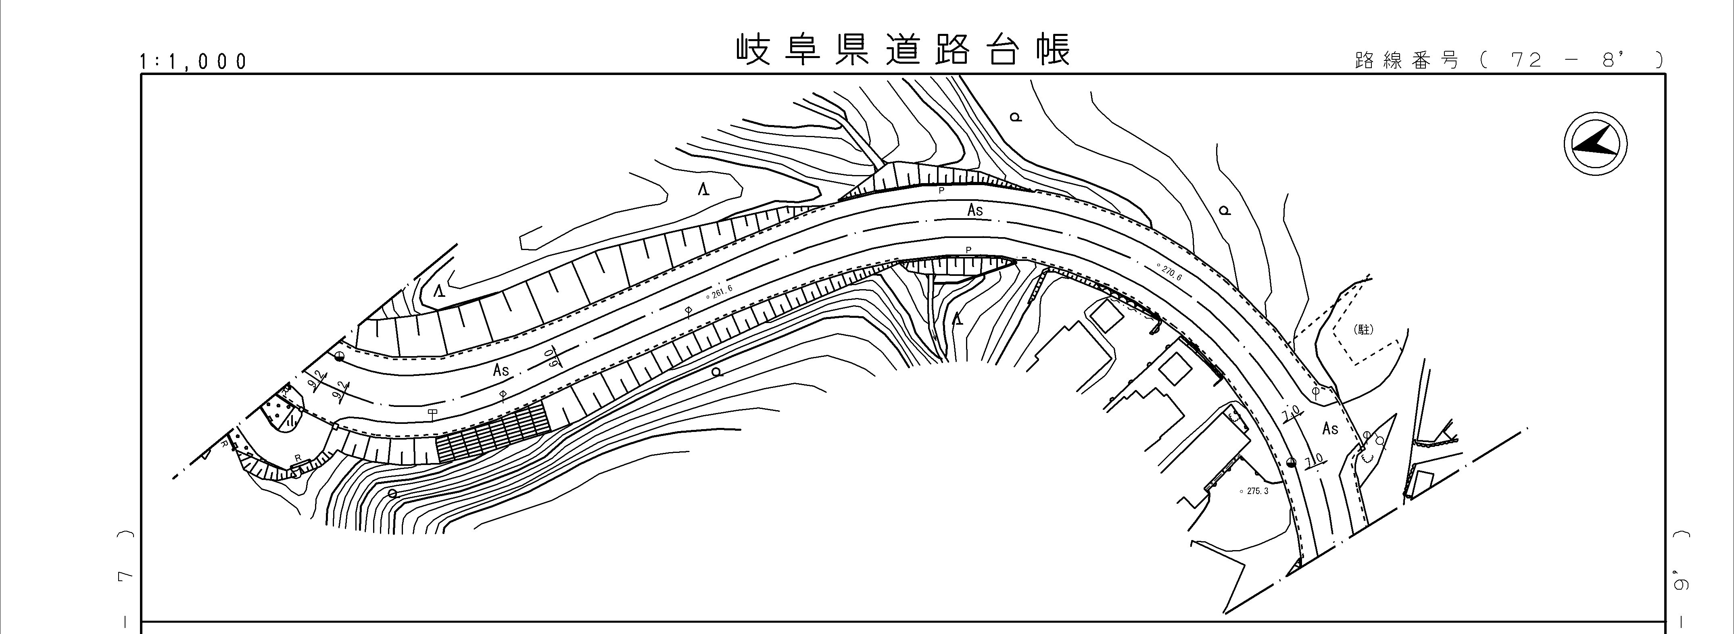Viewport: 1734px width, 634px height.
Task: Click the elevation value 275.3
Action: [x=1254, y=491]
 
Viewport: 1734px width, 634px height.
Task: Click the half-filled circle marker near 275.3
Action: [x=1290, y=462]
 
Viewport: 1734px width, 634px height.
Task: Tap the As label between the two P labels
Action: [x=975, y=211]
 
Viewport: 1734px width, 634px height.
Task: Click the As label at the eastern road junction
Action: [x=1330, y=428]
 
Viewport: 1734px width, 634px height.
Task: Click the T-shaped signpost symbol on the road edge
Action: [x=432, y=412]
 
